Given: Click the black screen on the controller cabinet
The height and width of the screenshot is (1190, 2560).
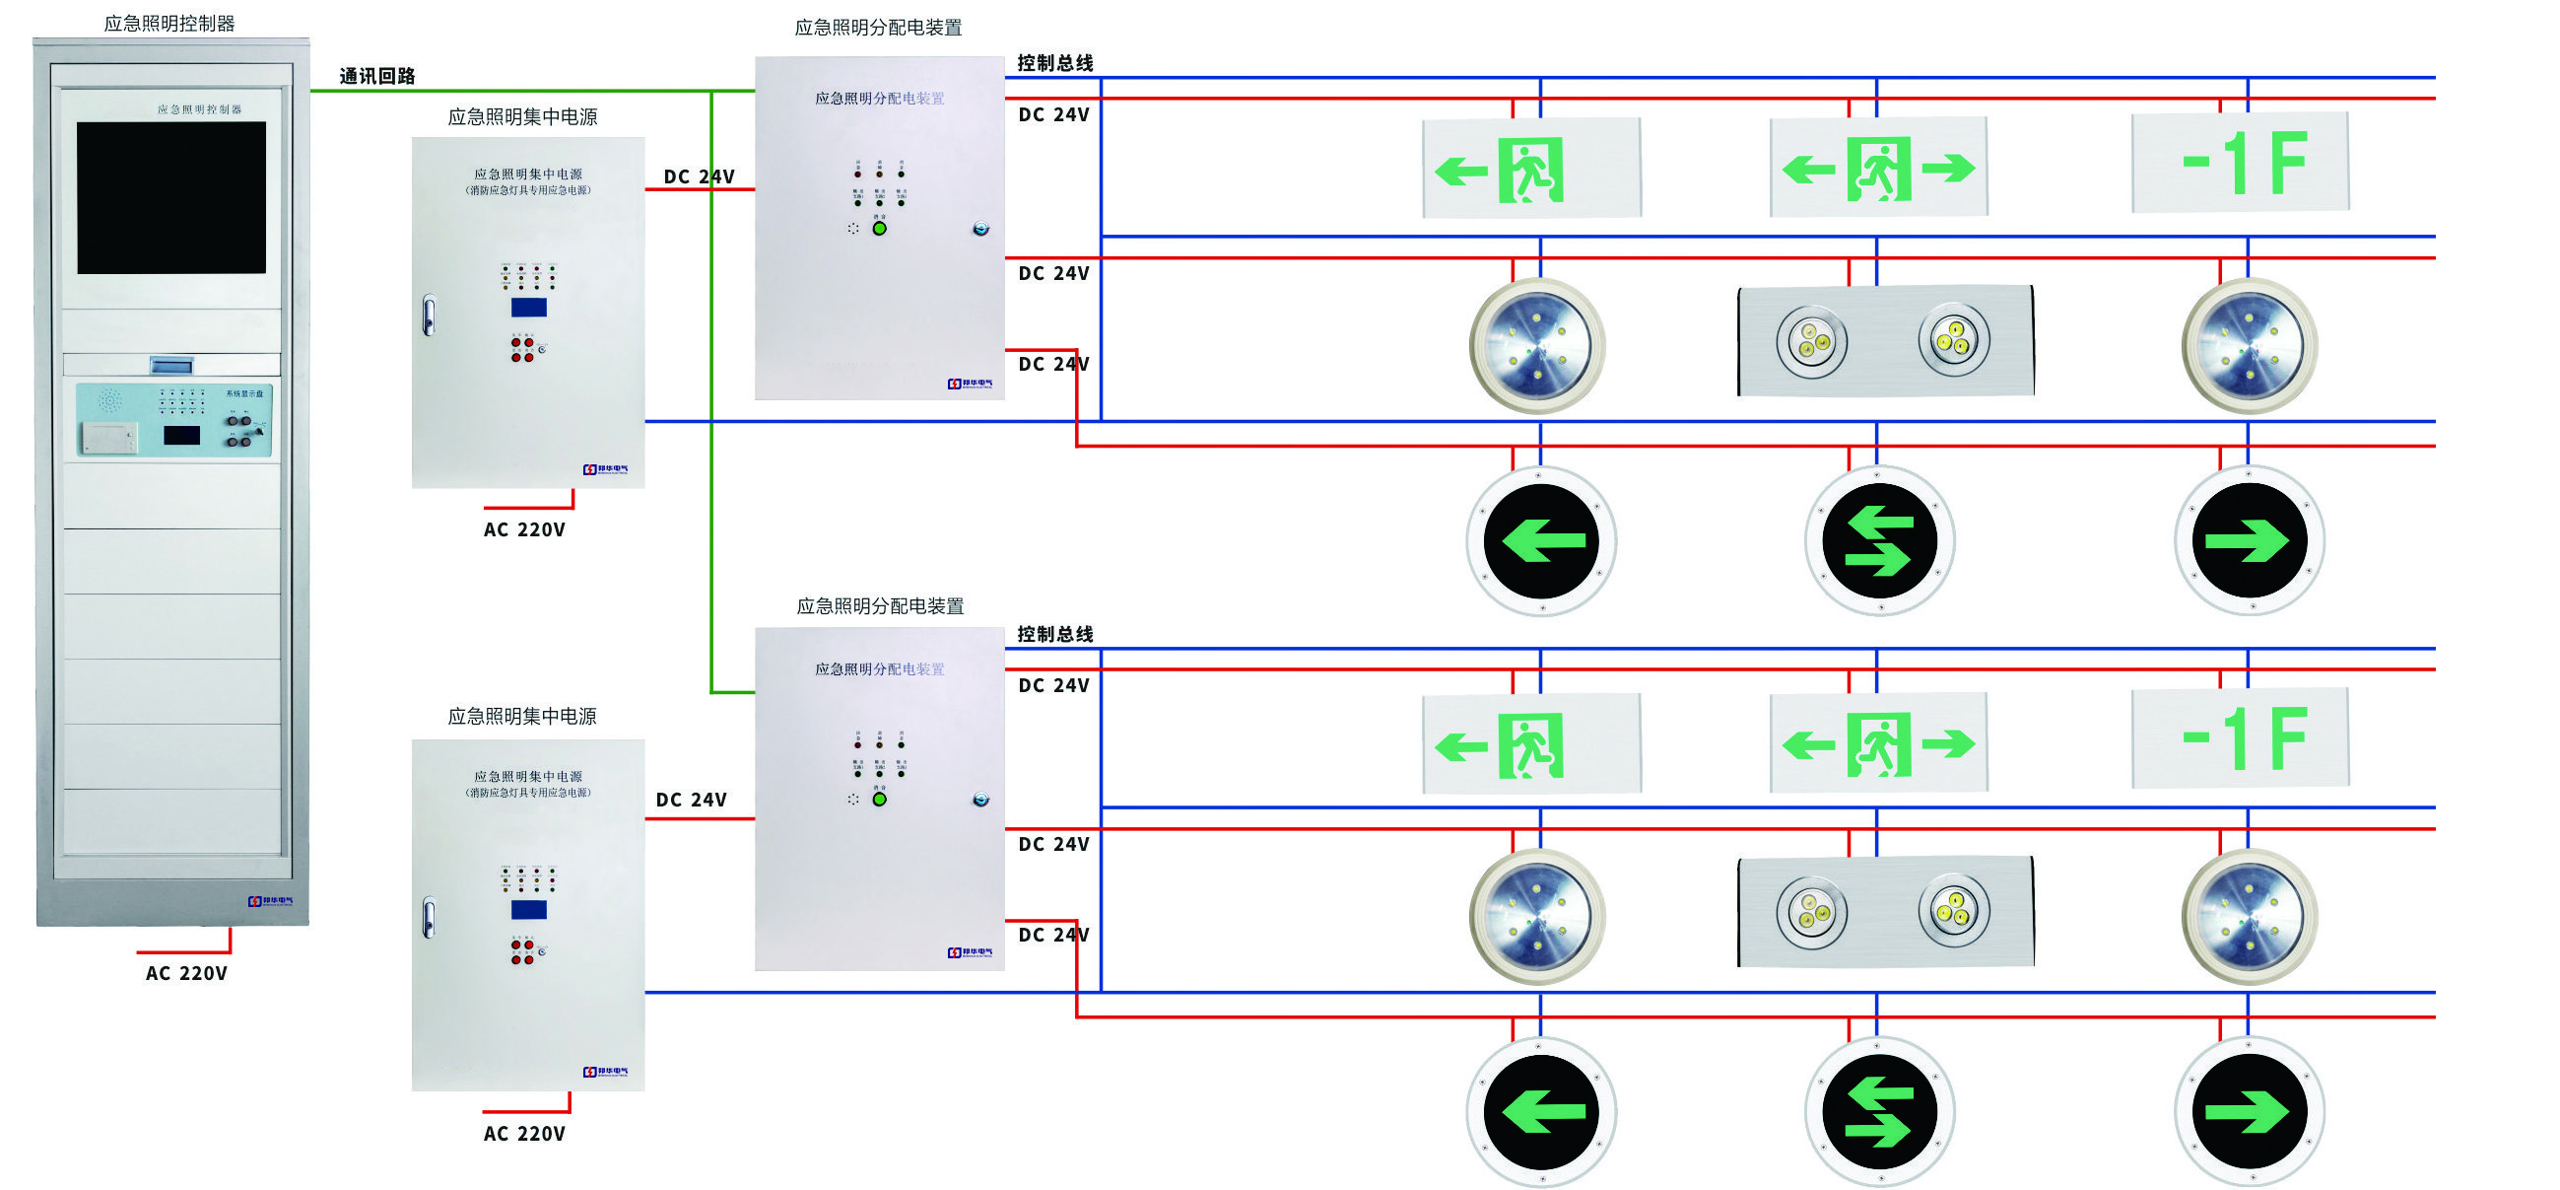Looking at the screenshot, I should click(x=170, y=197).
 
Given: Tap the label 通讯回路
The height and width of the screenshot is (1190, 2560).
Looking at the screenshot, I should click(x=376, y=76).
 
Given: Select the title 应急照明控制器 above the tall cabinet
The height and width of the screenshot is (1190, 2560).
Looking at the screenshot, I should click(x=168, y=23).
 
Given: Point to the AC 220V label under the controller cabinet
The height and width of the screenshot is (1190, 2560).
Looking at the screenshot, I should click(x=186, y=973).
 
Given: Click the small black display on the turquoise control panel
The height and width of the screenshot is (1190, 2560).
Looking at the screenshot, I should click(x=181, y=435).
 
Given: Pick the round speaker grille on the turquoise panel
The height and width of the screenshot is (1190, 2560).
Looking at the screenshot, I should click(x=109, y=400).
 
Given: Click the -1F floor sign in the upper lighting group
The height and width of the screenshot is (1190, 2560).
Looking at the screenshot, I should click(x=2240, y=162).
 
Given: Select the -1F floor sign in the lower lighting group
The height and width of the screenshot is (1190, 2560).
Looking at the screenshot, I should click(x=2240, y=737).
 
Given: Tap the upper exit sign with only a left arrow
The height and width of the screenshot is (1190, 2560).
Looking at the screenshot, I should click(x=1531, y=168).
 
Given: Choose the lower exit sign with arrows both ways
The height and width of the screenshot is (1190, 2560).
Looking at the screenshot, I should click(x=1878, y=743).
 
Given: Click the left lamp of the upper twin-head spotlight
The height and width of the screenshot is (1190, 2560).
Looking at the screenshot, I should click(x=1811, y=342).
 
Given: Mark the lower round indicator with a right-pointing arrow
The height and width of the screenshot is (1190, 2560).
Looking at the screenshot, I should click(x=2249, y=1111).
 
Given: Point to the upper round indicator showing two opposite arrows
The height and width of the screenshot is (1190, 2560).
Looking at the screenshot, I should click(x=1878, y=541).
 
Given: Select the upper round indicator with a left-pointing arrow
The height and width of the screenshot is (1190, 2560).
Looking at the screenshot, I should click(x=1541, y=541).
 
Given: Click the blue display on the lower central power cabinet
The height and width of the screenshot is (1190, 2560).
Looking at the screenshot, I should click(x=529, y=910).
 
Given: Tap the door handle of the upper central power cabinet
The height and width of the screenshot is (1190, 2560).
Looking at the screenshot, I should click(x=429, y=315).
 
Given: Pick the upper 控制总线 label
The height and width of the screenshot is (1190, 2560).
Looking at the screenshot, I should click(x=1054, y=63).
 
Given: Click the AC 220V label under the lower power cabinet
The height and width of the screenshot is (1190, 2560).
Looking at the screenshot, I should click(x=524, y=1134).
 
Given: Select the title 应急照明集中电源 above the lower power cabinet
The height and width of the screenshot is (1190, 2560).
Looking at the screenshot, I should click(x=521, y=716).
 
